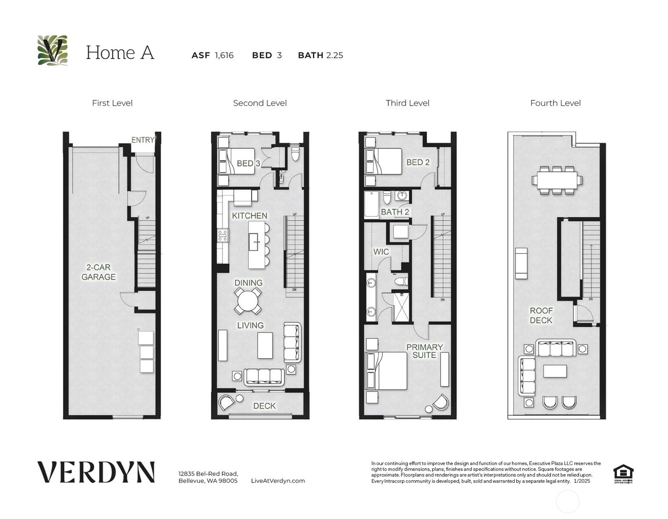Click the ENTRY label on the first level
(142, 140)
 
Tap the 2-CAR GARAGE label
(98, 272)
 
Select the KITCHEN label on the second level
(250, 216)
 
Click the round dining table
(248, 301)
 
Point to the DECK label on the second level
(264, 406)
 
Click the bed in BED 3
(236, 161)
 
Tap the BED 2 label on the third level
(418, 162)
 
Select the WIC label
(381, 252)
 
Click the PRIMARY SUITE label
(424, 351)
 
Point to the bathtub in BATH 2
(371, 204)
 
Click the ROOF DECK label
(541, 315)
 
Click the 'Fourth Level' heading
(555, 103)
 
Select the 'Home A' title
(120, 53)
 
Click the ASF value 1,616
(224, 55)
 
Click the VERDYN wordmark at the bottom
(96, 472)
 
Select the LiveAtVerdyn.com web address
(278, 481)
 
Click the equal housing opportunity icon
(623, 473)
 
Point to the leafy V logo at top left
(53, 50)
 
